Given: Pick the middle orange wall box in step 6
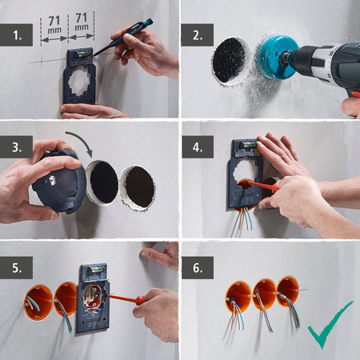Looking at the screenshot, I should click(263, 294).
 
